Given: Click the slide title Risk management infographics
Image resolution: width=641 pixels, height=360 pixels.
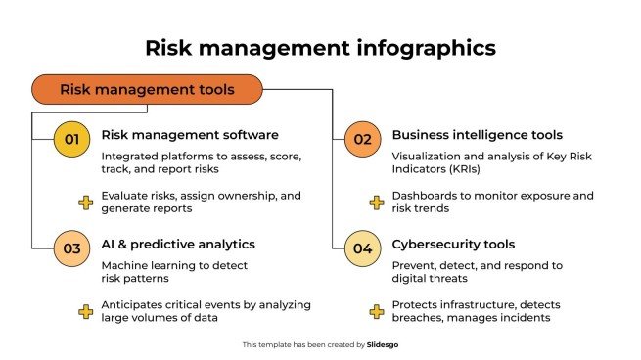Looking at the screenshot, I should pyautogui.click(x=320, y=47).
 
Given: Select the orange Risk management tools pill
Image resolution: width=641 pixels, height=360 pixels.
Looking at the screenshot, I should pyautogui.click(x=148, y=90).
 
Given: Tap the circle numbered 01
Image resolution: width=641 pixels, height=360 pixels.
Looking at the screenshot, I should pyautogui.click(x=71, y=139).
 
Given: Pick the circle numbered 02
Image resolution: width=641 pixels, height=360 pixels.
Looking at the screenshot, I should pyautogui.click(x=362, y=139).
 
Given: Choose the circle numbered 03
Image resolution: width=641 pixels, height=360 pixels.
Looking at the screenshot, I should pyautogui.click(x=71, y=248).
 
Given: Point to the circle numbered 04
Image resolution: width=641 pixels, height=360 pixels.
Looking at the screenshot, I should pyautogui.click(x=362, y=248).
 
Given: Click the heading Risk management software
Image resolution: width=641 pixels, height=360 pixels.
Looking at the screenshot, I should pyautogui.click(x=190, y=135).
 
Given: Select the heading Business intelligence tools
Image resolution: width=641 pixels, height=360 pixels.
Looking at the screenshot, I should pyautogui.click(x=478, y=135).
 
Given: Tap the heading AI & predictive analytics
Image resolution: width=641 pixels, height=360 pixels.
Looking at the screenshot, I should pyautogui.click(x=179, y=245).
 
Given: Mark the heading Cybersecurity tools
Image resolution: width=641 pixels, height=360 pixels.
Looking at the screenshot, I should pyautogui.click(x=454, y=245).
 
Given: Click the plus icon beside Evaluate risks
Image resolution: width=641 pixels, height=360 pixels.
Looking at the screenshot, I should pyautogui.click(x=86, y=202).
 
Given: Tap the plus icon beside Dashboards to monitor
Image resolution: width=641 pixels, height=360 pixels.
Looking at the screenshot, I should pyautogui.click(x=376, y=202).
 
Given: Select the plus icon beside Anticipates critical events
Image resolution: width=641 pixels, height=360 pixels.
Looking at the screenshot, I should pyautogui.click(x=86, y=312).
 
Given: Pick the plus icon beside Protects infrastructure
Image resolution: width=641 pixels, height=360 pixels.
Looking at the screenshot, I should pyautogui.click(x=376, y=312).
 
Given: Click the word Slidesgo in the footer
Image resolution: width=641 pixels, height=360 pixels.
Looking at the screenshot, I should pyautogui.click(x=384, y=345).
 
